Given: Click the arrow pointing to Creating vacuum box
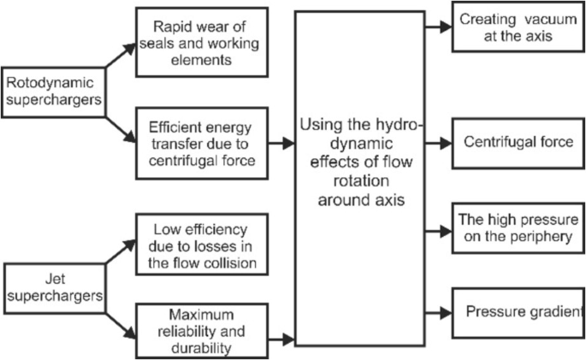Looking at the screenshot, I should coord(438,27).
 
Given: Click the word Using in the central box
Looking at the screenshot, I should coord(318,127).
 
